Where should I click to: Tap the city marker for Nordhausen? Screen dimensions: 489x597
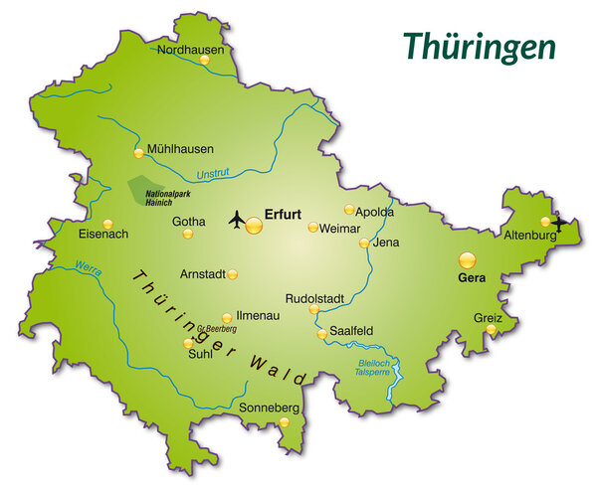[x=204, y=60]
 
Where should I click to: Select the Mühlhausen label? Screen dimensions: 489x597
[x=180, y=149]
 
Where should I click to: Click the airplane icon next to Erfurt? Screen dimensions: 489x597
[x=237, y=217]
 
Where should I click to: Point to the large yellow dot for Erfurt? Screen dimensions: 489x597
[x=254, y=226]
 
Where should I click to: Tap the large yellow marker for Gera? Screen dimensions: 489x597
[x=467, y=260]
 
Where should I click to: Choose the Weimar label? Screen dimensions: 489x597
[x=339, y=228]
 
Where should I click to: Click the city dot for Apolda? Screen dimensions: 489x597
[x=349, y=210]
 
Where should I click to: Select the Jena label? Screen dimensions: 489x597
[x=385, y=242]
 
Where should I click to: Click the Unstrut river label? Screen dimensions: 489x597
[x=213, y=175]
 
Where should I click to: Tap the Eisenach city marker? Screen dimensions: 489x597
[x=107, y=224]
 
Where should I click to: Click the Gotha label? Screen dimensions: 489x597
[x=189, y=221]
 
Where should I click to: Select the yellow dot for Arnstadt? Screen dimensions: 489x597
[x=233, y=274]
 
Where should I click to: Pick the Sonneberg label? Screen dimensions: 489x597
[x=270, y=407]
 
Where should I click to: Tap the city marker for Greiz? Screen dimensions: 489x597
[x=491, y=329]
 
